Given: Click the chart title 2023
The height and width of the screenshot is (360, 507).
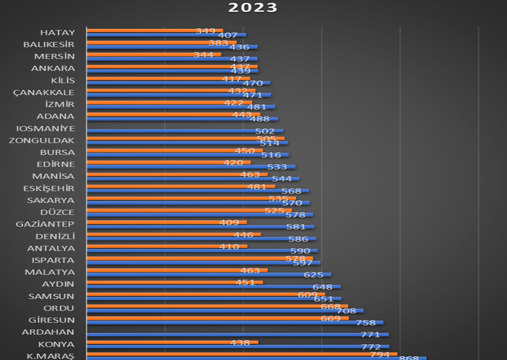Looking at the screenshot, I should pyautogui.click(x=253, y=8).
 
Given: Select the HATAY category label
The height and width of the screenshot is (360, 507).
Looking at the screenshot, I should pyautogui.click(x=57, y=33).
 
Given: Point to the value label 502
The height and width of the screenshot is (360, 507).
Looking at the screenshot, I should pyautogui.click(x=265, y=131).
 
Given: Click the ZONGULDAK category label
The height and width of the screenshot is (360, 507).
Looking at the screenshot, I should pyautogui.click(x=41, y=141).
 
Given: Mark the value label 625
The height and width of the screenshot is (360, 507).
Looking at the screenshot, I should pyautogui.click(x=314, y=275).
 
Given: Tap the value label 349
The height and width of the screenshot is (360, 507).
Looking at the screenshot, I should pyautogui.click(x=205, y=31).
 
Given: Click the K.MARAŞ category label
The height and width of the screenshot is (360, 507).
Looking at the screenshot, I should pyautogui.click(x=50, y=356).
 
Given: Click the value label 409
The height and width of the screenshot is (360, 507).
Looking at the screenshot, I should pyautogui.click(x=229, y=222).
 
